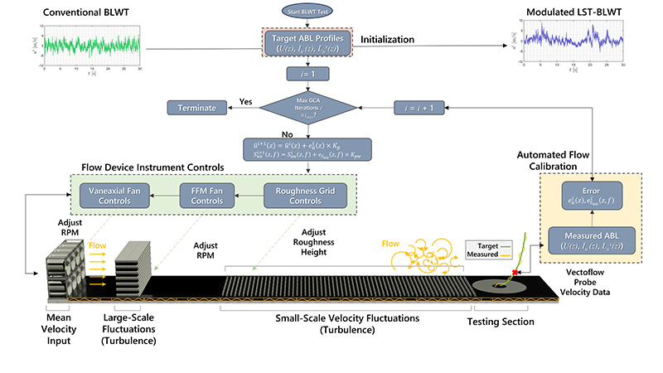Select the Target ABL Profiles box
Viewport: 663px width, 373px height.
pos(308,44)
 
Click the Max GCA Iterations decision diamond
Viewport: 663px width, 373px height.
pos(308,107)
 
